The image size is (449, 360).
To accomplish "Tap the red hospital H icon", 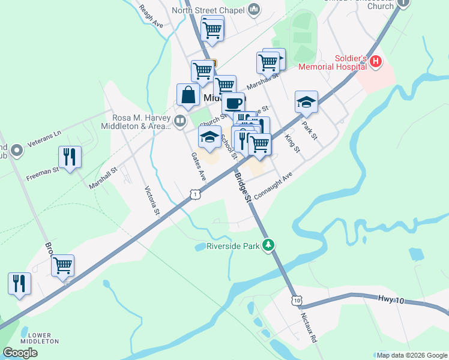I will [376, 61].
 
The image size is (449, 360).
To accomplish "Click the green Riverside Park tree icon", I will [269, 245].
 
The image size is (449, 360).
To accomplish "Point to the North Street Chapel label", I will [208, 10].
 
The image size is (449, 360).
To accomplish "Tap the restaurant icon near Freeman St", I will [70, 157].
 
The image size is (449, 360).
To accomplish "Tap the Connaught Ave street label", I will [273, 187].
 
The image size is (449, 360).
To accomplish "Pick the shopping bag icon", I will [188, 95].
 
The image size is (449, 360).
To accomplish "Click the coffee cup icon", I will [234, 102].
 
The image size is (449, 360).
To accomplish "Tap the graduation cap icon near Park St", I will [306, 102].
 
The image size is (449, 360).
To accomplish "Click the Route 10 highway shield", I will [297, 299].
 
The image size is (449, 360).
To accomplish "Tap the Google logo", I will [20, 352].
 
